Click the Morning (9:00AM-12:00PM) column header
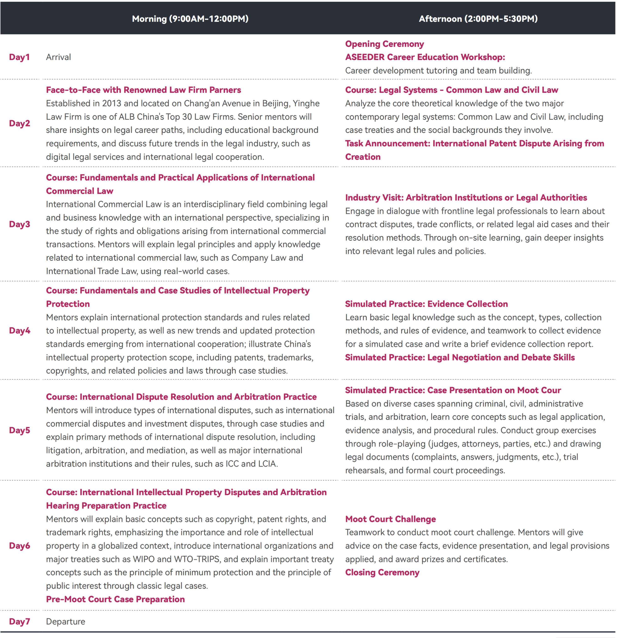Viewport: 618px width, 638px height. [190, 18]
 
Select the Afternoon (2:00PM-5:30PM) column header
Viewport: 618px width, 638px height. [478, 18]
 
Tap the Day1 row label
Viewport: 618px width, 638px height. [20, 57]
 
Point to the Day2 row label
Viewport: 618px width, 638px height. [20, 123]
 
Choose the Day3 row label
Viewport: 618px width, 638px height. [20, 224]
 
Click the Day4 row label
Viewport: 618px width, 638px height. [20, 331]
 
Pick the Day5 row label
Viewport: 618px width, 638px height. [20, 430]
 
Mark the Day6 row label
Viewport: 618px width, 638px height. [20, 546]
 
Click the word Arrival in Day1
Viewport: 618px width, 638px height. [58, 57]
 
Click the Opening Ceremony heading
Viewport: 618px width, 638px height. [384, 44]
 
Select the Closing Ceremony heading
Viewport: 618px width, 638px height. [382, 573]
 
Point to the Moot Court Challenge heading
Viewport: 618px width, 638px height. [390, 519]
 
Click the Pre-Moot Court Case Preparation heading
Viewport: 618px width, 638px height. [116, 599]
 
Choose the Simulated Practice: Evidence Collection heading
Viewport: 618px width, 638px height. [426, 304]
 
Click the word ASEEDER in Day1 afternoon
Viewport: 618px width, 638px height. [365, 57]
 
